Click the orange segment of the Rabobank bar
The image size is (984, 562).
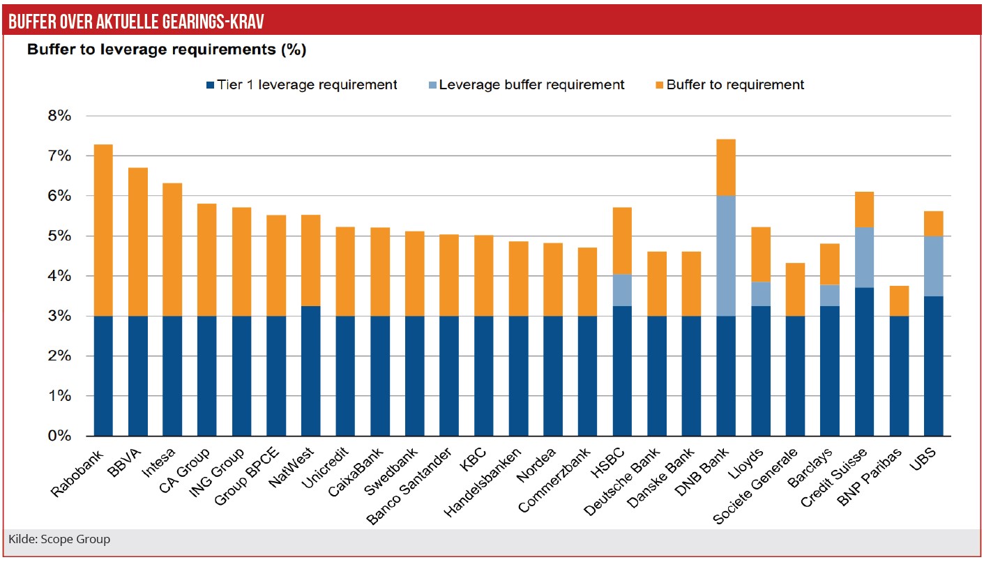pos(103,230)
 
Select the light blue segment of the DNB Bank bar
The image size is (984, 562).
pos(726,256)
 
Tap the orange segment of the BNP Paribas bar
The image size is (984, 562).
pos(899,301)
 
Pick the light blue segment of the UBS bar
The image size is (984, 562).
pos(933,266)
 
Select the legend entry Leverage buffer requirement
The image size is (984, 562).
pos(531,85)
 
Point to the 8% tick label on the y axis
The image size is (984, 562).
pos(59,116)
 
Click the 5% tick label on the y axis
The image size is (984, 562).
pos(59,236)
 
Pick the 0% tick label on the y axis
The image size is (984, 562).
pos(59,436)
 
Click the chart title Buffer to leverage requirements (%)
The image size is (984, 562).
pos(167,50)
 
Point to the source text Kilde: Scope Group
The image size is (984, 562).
pos(59,539)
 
